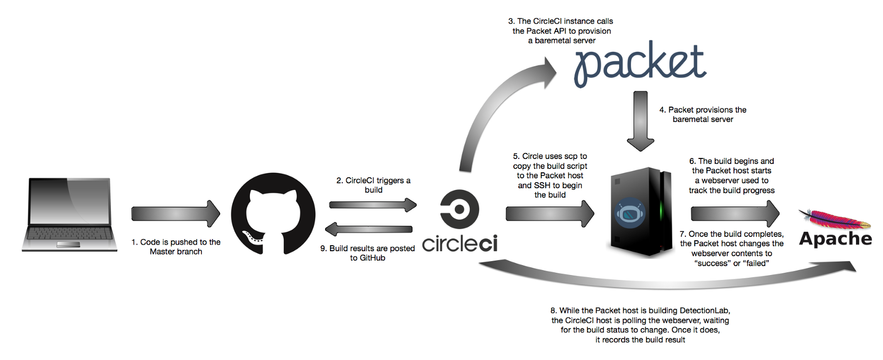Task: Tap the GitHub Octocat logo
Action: [x=273, y=214]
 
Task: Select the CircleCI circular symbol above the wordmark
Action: [x=459, y=209]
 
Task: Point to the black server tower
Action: [x=641, y=213]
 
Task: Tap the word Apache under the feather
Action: [x=836, y=239]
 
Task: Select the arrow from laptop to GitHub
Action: [x=175, y=214]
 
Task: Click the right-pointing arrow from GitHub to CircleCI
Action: [x=373, y=205]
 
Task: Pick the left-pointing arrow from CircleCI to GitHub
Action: [x=369, y=229]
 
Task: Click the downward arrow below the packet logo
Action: [x=640, y=121]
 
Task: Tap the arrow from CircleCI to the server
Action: [x=550, y=214]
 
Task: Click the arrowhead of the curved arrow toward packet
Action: [x=546, y=72]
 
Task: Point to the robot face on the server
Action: [x=630, y=213]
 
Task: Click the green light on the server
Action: [x=662, y=212]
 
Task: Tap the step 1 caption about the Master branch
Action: [x=176, y=247]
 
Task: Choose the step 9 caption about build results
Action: [x=368, y=253]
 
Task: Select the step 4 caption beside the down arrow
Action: [x=703, y=114]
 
